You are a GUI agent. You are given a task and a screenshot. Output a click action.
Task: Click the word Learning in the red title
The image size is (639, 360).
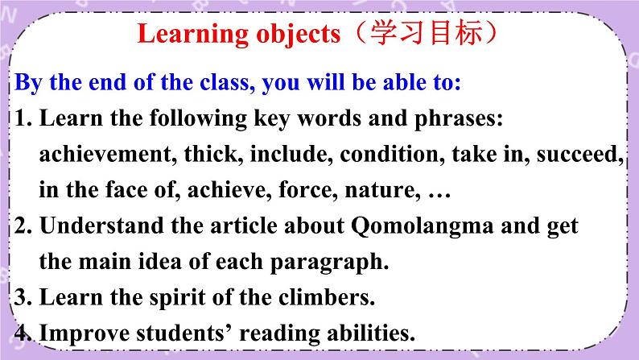point(192,35)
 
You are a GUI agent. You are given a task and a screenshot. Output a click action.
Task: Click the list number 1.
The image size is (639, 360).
point(23,118)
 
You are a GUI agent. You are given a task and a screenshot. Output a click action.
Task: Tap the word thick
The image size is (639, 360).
point(211,155)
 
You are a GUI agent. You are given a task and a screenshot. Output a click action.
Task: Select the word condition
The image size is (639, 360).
point(392,155)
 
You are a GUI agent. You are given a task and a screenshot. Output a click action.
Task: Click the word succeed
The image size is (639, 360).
point(579,155)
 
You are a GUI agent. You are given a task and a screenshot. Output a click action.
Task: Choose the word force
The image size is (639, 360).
point(307,190)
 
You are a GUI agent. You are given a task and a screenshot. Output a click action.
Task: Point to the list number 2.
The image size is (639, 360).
point(23,226)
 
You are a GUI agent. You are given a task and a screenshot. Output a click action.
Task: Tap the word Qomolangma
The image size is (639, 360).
point(423,226)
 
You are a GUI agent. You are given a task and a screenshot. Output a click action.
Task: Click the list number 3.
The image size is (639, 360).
point(23,298)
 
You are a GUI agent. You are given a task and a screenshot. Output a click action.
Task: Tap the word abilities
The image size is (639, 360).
point(371,333)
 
